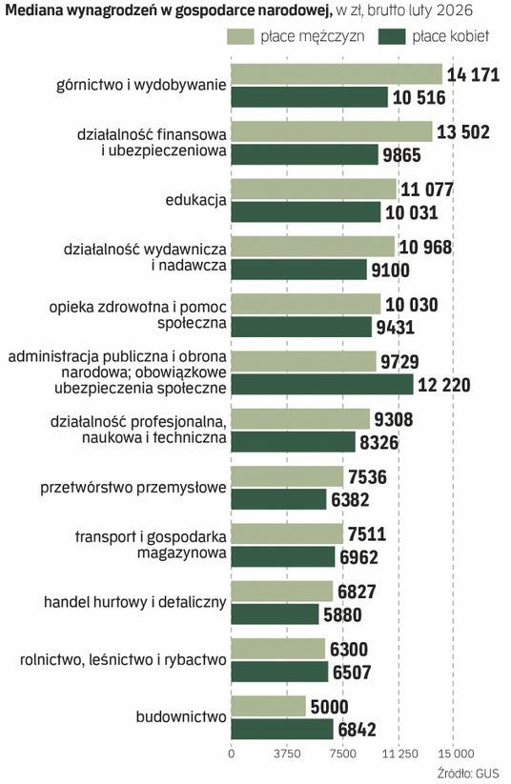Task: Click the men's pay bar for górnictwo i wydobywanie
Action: click(337, 74)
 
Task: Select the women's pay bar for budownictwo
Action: click(282, 729)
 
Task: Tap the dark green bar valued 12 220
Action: click(322, 385)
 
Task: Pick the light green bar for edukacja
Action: click(314, 189)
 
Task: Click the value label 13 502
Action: click(463, 132)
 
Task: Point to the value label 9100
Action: click(390, 270)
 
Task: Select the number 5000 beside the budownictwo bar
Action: click(329, 707)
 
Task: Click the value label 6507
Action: click(352, 673)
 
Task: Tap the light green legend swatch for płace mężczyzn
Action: click(241, 36)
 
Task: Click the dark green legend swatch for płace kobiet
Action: click(392, 36)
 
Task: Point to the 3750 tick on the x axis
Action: click(287, 754)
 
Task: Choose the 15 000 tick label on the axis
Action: click(454, 754)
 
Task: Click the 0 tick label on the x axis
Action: click(231, 754)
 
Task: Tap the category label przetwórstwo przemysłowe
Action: click(133, 488)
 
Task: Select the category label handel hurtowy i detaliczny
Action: click(135, 602)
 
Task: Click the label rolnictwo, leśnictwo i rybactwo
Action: click(123, 660)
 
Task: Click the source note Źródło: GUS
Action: click(468, 773)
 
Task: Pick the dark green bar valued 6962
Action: click(283, 556)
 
